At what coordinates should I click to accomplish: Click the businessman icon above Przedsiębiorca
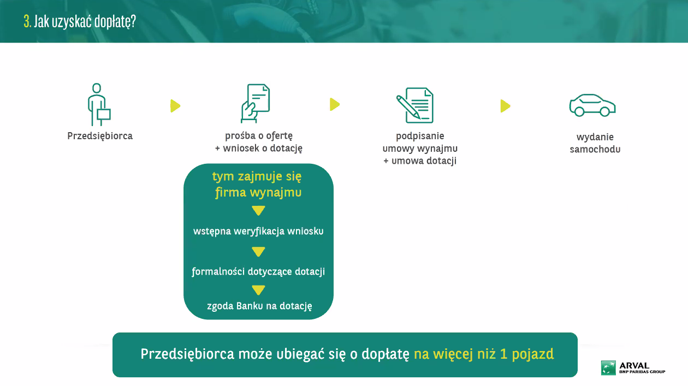[x=97, y=104]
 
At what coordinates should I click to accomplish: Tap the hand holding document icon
[x=255, y=104]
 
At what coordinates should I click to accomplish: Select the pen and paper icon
[x=415, y=105]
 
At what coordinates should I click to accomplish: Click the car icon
[x=592, y=105]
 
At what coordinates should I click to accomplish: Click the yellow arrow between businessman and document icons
[x=175, y=106]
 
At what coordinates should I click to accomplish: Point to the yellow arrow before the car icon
[x=505, y=106]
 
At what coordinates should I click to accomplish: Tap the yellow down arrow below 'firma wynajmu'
[x=258, y=211]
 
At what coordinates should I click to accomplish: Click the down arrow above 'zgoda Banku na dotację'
[x=258, y=290]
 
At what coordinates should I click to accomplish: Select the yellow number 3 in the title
[x=27, y=21]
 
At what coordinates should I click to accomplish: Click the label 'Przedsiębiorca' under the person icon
[x=100, y=136]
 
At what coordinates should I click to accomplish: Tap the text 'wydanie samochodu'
[x=595, y=143]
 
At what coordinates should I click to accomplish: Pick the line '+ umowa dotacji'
[x=420, y=161]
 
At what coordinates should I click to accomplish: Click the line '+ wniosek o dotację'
[x=259, y=149]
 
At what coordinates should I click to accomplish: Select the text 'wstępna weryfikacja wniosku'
[x=258, y=231]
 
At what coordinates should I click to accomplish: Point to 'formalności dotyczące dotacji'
[x=258, y=272]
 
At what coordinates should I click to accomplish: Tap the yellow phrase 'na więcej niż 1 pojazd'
[x=484, y=354]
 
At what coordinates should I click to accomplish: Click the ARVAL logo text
[x=634, y=366]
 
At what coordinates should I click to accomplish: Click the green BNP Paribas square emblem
[x=608, y=367]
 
